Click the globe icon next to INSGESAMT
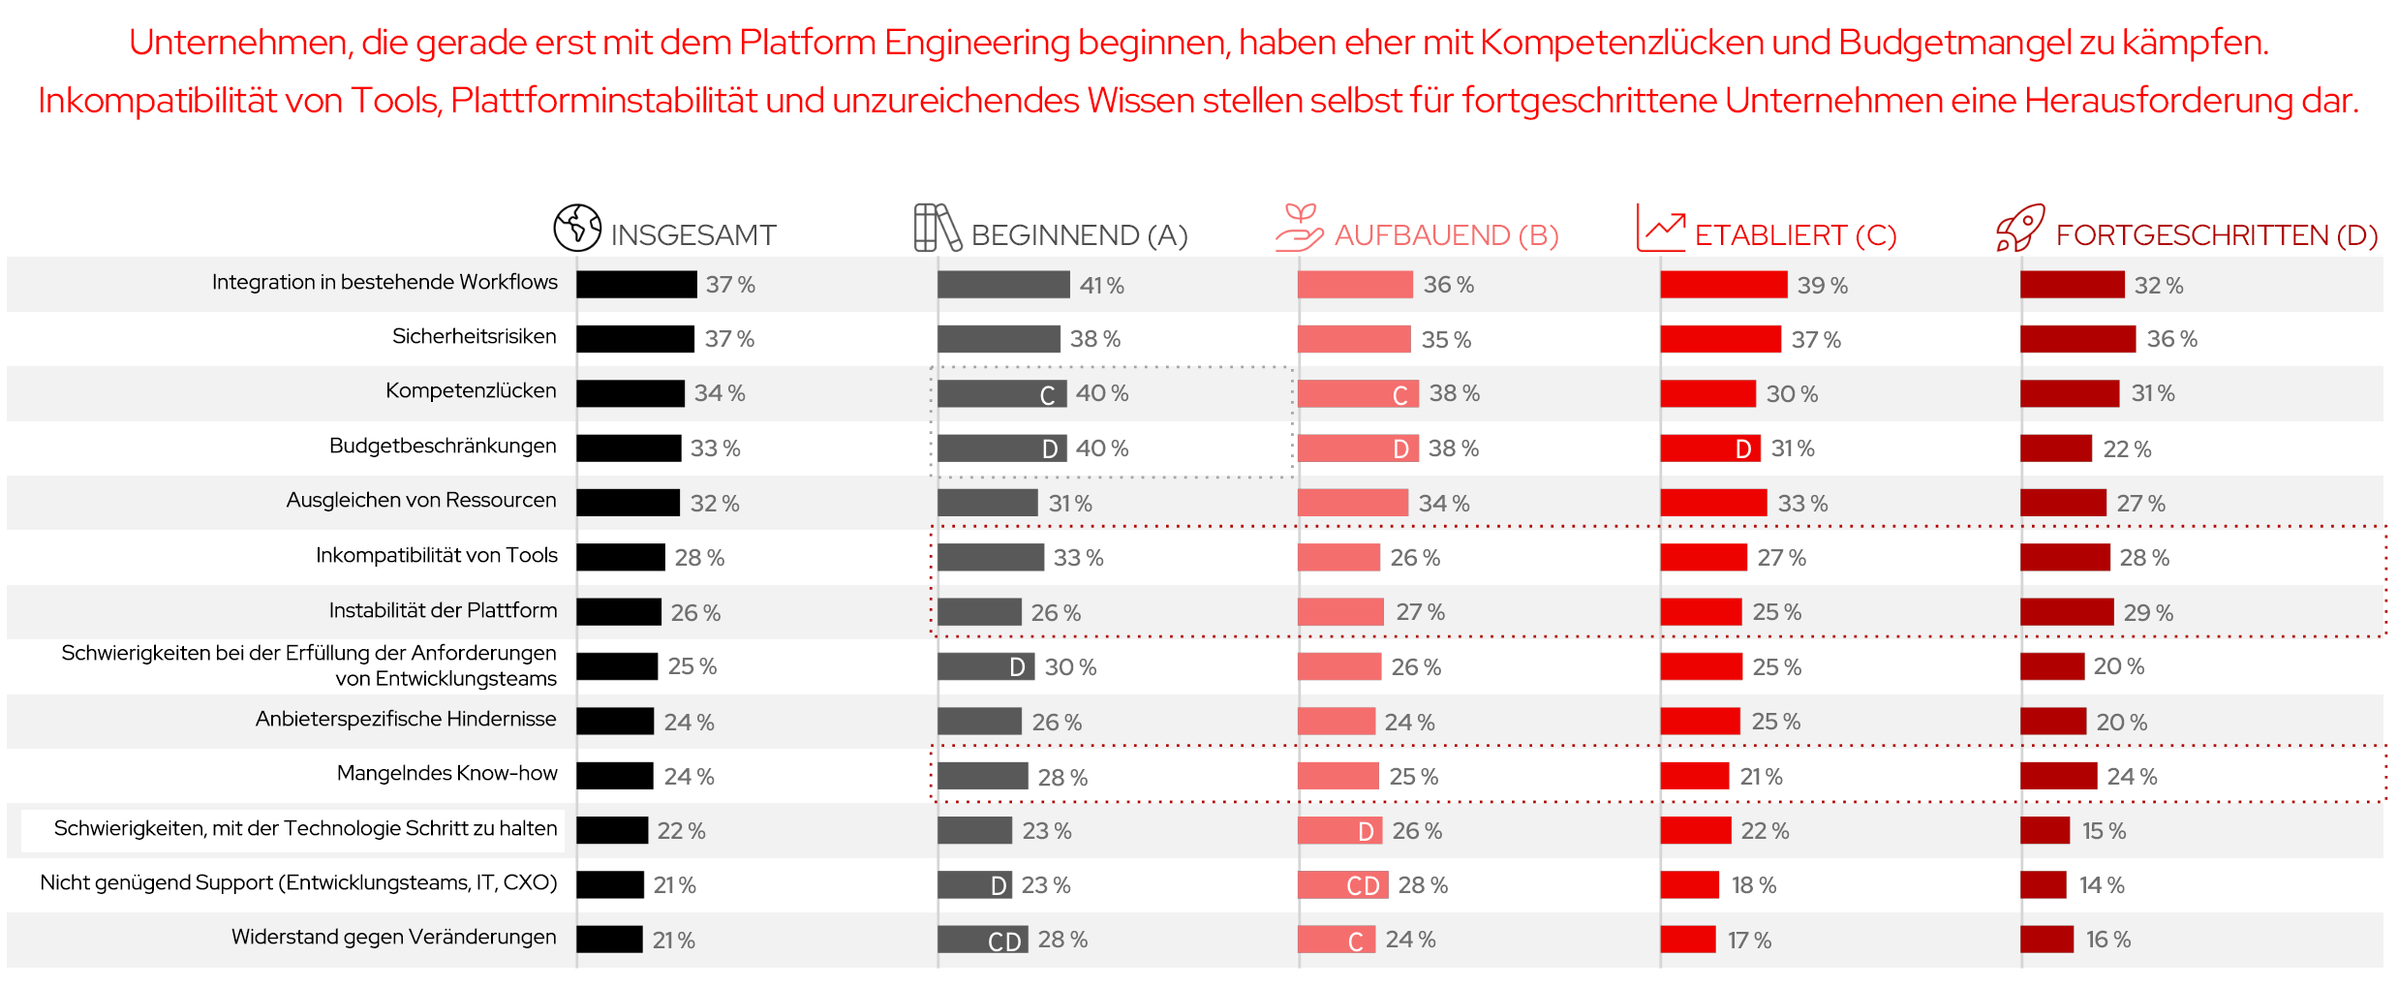tap(577, 228)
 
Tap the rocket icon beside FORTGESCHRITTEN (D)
tap(2020, 229)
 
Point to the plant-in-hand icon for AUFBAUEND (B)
tap(1299, 228)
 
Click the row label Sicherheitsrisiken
tap(474, 336)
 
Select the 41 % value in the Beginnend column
tap(1101, 286)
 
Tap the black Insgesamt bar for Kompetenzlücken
tap(630, 393)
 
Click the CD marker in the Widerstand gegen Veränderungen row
tap(1004, 942)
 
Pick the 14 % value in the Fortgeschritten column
tap(2101, 885)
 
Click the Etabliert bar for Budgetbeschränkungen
tap(1710, 448)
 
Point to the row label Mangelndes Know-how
tap(446, 773)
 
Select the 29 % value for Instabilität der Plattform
tap(2147, 613)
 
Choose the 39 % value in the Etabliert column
tap(1822, 286)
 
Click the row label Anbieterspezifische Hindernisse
tap(405, 719)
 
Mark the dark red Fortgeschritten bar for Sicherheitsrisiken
tap(2077, 339)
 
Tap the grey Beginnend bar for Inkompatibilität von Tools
tap(990, 557)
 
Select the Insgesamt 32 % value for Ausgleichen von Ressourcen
tap(714, 504)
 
